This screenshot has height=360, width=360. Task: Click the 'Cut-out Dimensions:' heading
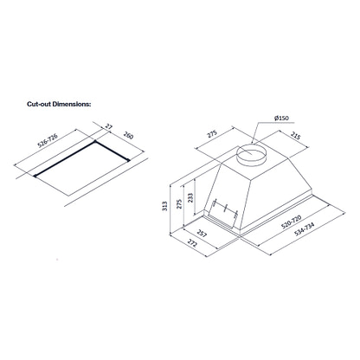59,104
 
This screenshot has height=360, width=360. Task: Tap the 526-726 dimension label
48,141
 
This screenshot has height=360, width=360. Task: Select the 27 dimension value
108,126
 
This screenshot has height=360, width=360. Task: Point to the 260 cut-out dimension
128,135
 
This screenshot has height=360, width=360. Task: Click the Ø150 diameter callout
281,118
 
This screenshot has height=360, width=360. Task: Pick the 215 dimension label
295,136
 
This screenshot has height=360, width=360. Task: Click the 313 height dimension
164,206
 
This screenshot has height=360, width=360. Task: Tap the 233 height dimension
190,198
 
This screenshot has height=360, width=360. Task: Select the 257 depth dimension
202,234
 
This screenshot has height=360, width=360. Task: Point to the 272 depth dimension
192,243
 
